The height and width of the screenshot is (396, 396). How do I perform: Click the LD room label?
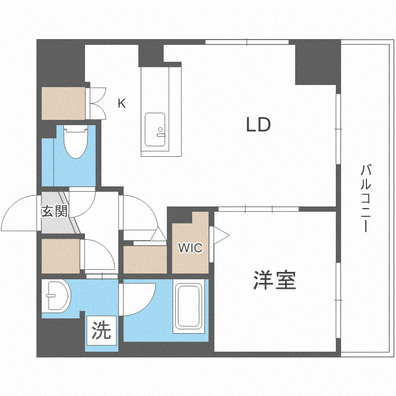point(258,125)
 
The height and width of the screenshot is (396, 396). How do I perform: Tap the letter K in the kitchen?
point(122,103)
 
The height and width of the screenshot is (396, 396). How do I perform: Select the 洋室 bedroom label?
point(275,280)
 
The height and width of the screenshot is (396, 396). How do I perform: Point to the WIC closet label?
point(190,248)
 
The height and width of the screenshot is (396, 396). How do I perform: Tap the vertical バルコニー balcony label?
point(366,198)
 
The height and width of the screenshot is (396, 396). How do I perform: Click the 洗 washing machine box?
point(101,331)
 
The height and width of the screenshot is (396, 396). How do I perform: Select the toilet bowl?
point(76,143)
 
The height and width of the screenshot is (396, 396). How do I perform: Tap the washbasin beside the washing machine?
point(56,296)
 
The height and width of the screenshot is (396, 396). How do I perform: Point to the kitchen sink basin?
point(155,129)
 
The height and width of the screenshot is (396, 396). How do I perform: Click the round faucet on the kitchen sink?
point(161,129)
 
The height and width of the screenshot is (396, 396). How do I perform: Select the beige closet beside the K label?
point(63,103)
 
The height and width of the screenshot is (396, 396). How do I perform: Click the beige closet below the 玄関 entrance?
point(61,256)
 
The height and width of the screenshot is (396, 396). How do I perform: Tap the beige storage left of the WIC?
point(145,260)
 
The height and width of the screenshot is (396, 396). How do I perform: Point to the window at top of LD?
point(247,42)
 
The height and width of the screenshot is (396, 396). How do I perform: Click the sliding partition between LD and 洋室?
point(258,209)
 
